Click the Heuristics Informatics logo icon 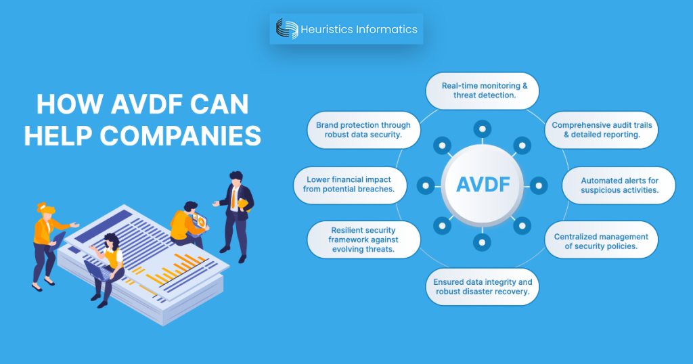pos(287,29)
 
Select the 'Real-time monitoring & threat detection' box pos(482,91)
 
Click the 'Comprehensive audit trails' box pos(594,130)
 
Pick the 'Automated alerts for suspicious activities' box pos(619,185)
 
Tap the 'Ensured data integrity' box pos(482,287)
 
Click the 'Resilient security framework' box pos(364,240)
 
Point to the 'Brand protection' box pos(363,130)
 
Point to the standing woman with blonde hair pos(47,244)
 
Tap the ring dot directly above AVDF pos(482,128)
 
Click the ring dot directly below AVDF pos(482,242)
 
